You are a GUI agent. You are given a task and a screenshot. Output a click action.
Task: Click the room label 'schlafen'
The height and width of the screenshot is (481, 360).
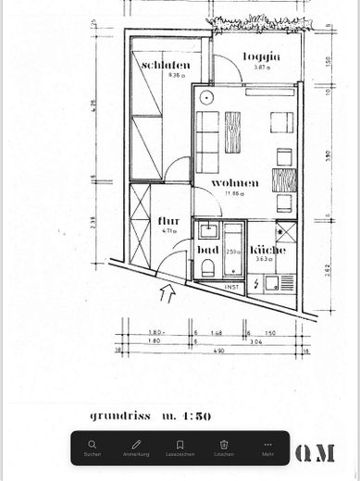coord(167,65)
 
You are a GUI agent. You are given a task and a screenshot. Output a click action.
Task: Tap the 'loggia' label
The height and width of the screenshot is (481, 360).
coord(261,57)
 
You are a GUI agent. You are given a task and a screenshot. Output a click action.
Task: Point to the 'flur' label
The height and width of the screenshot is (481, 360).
coord(168,221)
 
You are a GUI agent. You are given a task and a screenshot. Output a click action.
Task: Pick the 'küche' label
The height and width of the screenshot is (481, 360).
coord(267,250)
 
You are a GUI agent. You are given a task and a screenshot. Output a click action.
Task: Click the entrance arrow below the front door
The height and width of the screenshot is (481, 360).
coord(167,295)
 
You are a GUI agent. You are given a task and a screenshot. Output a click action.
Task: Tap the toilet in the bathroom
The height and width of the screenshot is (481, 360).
coord(207,269)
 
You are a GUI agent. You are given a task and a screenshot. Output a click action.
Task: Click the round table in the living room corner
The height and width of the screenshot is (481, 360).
coord(206,95)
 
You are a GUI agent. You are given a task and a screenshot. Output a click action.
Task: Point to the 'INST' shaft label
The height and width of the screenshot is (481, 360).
coord(232,288)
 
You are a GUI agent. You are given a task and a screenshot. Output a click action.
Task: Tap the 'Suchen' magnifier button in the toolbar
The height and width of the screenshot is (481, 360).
coord(93,448)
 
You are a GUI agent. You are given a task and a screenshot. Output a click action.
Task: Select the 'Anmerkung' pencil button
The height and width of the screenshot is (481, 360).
coord(136,448)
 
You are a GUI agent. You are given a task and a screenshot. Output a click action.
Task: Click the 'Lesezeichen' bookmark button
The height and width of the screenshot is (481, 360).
coord(180,448)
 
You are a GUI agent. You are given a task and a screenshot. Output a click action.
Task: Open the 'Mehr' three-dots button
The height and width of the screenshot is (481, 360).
coord(267,448)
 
